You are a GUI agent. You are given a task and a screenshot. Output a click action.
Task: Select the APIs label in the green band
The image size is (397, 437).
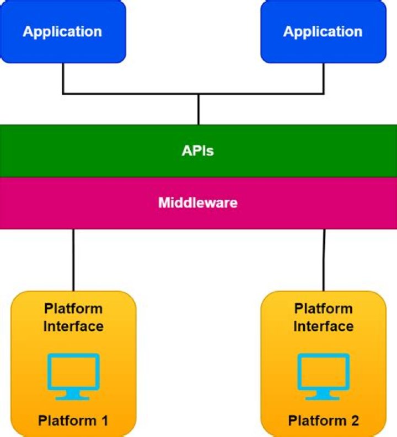click(198, 151)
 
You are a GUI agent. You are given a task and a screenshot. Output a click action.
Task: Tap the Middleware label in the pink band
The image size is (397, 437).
click(198, 203)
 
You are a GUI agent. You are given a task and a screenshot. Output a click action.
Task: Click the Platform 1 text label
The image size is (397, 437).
click(73, 421)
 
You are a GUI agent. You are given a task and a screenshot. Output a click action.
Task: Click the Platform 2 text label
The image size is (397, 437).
click(324, 421)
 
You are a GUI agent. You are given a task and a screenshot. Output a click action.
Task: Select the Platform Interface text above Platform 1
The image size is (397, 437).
click(73, 317)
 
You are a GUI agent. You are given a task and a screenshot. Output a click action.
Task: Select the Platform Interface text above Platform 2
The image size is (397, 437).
click(323, 317)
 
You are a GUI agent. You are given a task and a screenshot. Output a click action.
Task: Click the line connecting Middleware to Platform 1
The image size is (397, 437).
click(73, 259)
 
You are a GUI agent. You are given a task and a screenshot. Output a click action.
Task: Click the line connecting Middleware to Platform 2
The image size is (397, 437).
click(324, 259)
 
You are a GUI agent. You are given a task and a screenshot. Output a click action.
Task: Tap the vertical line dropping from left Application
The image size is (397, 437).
click(63, 77)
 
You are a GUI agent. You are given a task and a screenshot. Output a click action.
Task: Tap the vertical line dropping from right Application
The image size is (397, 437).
click(323, 77)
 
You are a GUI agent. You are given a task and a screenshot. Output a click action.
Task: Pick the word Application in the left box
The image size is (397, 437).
click(62, 31)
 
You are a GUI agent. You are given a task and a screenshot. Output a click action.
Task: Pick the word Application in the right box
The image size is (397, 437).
click(323, 31)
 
